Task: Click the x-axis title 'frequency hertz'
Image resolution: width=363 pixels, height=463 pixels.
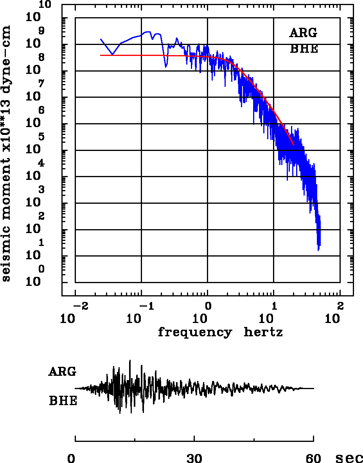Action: coord(220,333)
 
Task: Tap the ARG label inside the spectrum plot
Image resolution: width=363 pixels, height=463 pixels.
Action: coord(303,33)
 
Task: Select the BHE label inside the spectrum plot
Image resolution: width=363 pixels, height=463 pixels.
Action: coord(304,49)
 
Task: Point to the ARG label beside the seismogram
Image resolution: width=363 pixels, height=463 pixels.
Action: coord(62,371)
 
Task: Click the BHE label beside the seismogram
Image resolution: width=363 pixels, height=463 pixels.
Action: coord(63,401)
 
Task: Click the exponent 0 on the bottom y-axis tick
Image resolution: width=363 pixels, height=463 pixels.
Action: coord(41,269)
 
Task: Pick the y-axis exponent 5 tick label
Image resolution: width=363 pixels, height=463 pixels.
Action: coord(41,137)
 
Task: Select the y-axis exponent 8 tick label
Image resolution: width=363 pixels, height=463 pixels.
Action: coord(41,57)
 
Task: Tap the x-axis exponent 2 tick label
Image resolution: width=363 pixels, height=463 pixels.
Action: coord(340,305)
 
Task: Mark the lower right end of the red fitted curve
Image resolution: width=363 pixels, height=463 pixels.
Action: coord(293,145)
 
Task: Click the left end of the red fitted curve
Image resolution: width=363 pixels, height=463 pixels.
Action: coord(101,56)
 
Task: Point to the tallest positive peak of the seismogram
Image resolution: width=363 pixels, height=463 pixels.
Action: coord(130,361)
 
